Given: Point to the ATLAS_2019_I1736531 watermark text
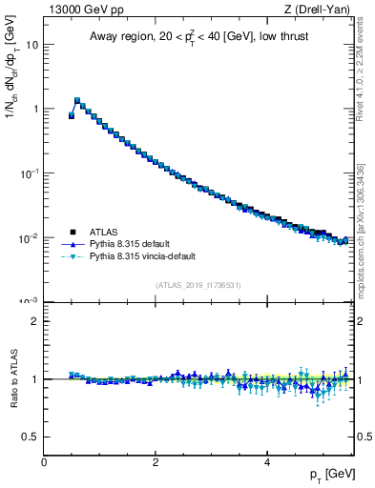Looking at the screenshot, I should [x=198, y=285].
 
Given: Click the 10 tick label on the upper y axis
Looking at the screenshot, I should [x=32, y=45].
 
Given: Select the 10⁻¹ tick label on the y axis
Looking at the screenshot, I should [x=31, y=173].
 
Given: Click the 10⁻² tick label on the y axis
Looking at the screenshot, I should [x=31, y=236].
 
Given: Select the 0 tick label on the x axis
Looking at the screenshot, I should [x=44, y=462].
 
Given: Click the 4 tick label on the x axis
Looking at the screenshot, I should [x=266, y=462].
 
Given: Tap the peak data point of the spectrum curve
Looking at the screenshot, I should [x=77, y=99].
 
